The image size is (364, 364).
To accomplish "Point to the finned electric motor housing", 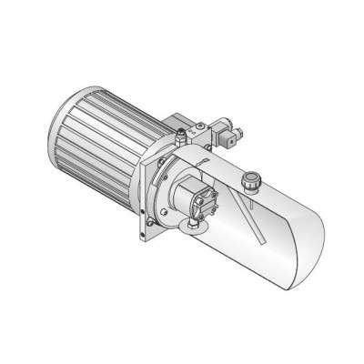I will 105,136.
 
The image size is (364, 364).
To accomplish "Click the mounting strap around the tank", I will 197,164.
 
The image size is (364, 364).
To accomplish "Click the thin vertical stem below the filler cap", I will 247,196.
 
